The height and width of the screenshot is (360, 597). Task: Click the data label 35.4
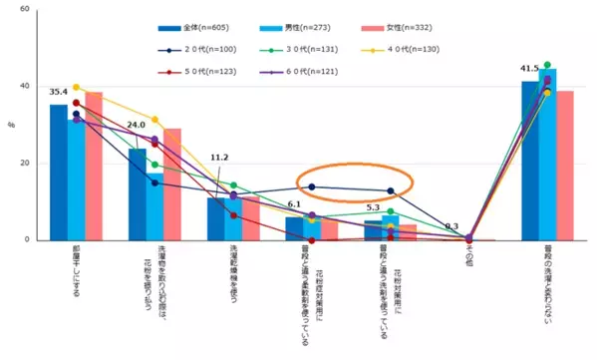58,92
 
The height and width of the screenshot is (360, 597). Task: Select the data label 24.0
137,126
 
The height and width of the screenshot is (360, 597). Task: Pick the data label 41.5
529,69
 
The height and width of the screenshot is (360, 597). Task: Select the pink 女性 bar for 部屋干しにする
94,166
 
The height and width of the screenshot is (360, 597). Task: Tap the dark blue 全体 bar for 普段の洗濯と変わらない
530,161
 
